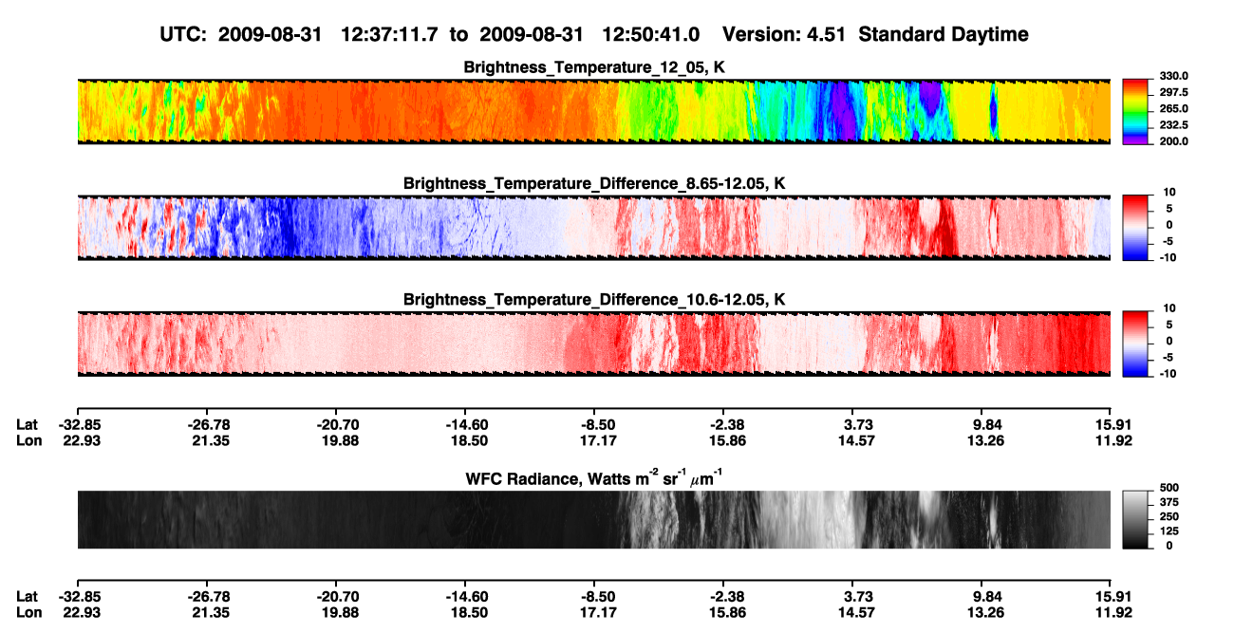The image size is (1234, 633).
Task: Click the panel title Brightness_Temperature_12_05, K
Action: pyautogui.click(x=594, y=67)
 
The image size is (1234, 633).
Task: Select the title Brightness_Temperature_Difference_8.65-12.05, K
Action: pyautogui.click(x=594, y=183)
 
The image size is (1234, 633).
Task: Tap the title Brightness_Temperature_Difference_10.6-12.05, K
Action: pyautogui.click(x=594, y=300)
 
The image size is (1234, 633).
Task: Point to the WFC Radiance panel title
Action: pyautogui.click(x=594, y=478)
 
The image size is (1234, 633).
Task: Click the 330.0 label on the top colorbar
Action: pyautogui.click(x=1173, y=76)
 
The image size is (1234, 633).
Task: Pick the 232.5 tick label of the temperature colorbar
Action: pyautogui.click(x=1173, y=125)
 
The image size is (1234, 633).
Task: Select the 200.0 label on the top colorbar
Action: pyautogui.click(x=1173, y=141)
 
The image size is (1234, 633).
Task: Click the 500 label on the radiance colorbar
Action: pyautogui.click(x=1169, y=488)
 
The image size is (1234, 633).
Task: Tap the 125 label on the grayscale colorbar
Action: pyautogui.click(x=1169, y=531)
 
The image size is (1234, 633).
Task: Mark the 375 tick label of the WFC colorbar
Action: pyautogui.click(x=1169, y=502)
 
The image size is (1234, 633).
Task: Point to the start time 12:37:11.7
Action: pyautogui.click(x=389, y=34)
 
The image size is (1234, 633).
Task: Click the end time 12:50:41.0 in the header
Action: pyautogui.click(x=651, y=34)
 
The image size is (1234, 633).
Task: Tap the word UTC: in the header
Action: pyautogui.click(x=183, y=34)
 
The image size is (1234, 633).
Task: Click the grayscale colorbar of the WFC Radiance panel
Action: pyautogui.click(x=1135, y=519)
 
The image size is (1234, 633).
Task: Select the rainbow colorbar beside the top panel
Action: pyautogui.click(x=1135, y=112)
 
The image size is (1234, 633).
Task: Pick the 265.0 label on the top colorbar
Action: pyautogui.click(x=1173, y=108)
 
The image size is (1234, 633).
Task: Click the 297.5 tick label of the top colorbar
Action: pyautogui.click(x=1173, y=93)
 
